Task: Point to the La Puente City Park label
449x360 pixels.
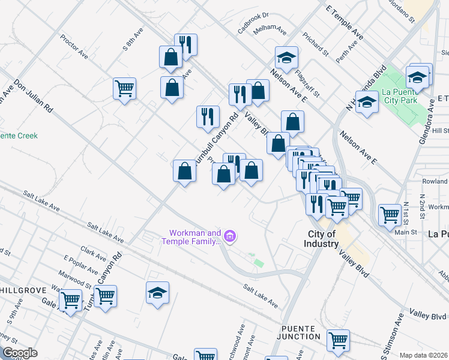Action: pos(399,96)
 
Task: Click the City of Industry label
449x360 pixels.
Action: pos(323,239)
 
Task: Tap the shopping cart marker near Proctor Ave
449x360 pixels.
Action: pos(124,88)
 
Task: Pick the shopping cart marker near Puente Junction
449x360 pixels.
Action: pos(338,340)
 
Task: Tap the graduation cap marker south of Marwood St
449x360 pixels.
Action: pos(157,293)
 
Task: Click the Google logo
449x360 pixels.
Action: pos(20,353)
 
